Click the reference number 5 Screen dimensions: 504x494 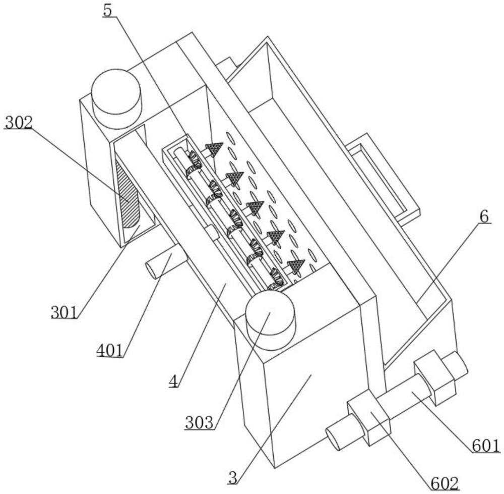107,11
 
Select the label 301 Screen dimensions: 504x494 65,312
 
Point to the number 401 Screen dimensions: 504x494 110,351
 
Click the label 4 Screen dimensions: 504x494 173,381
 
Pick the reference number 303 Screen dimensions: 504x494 199,422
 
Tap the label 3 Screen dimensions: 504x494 233,478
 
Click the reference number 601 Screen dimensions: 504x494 486,446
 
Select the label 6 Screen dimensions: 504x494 484,217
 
